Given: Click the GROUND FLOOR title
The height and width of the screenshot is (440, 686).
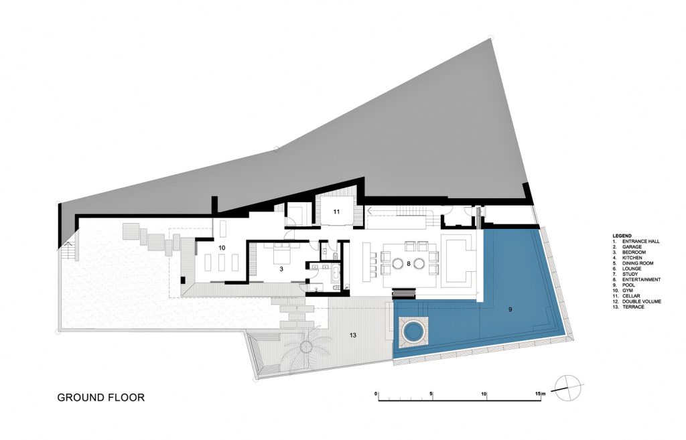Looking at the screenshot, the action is [100, 398].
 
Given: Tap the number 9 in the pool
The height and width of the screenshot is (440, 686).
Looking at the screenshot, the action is [510, 309].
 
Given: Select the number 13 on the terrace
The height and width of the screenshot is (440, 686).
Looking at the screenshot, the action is [352, 336].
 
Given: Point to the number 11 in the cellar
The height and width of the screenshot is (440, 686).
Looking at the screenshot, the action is [336, 212].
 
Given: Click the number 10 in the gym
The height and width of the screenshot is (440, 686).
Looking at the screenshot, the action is [222, 248].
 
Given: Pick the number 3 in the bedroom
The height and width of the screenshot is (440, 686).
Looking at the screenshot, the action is [281, 269].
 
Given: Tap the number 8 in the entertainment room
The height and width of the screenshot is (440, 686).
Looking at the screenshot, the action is [408, 263].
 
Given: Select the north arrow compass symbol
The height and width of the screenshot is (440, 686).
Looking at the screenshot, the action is [568, 388].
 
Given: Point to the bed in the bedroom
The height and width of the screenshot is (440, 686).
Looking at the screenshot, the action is [281, 254].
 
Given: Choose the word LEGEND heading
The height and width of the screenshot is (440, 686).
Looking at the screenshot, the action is [622, 236].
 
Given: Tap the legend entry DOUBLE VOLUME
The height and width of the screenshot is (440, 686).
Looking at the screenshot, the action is [636, 301].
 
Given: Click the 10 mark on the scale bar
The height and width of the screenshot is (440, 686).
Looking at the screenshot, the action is [484, 394].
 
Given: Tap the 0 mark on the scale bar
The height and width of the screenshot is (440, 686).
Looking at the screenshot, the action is [376, 394].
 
